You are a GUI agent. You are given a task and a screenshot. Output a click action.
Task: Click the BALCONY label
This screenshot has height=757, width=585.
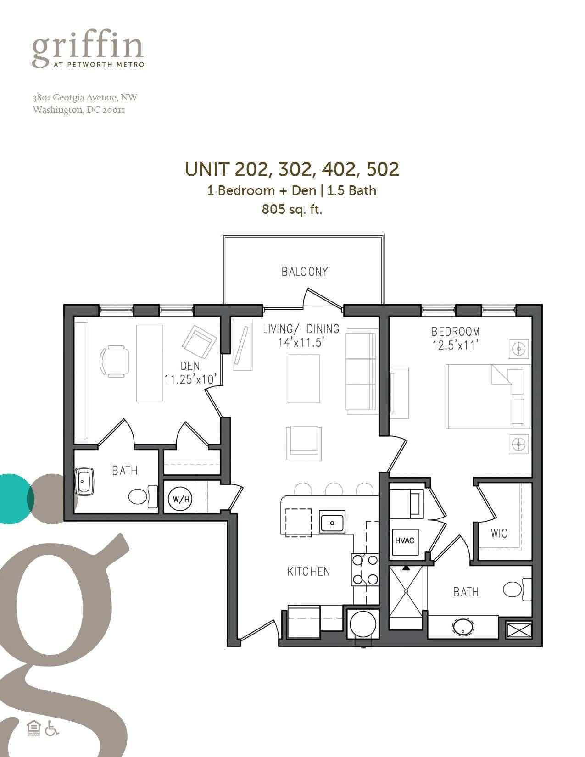pos(305,272)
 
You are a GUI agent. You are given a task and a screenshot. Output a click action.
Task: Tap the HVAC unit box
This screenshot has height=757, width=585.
pos(404,540)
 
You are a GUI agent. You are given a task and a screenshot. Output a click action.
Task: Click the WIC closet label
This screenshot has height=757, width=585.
pos(499,534)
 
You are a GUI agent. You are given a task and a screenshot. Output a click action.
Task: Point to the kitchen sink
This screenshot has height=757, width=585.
pos(333,522)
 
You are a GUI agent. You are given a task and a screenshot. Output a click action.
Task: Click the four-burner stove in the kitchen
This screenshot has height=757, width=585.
pos(365,569)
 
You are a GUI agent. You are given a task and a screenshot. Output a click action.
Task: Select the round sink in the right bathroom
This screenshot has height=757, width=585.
pos(462,628)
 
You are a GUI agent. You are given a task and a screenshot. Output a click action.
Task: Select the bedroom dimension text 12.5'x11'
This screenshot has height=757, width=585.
pos(455,345)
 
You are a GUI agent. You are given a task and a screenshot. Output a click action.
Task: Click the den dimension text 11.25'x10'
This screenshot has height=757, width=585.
pos(190,380)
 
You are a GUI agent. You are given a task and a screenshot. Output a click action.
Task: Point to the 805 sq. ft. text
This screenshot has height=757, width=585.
pos(292,210)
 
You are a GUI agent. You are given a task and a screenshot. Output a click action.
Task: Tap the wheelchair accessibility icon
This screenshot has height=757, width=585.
pos(52,729)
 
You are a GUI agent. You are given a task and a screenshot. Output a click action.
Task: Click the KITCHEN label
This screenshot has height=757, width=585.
pos(308,571)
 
